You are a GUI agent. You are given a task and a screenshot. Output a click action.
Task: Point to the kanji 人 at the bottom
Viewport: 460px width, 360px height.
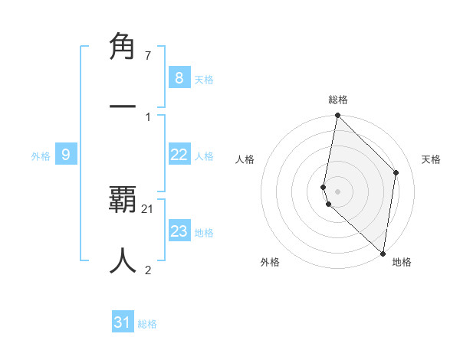pos(123,260)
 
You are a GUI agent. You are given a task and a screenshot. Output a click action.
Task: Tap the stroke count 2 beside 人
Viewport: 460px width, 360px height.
pos(147,270)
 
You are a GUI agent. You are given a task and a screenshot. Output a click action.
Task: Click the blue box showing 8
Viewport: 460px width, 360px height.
pos(179,77)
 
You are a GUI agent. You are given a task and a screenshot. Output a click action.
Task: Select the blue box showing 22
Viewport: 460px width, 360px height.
pos(179,155)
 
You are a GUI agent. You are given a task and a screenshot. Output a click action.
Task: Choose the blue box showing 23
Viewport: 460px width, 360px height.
pos(179,231)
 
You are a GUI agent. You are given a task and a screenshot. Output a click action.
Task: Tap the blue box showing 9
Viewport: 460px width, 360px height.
pos(66,155)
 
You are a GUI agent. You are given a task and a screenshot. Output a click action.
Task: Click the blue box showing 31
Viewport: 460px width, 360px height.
pos(123,322)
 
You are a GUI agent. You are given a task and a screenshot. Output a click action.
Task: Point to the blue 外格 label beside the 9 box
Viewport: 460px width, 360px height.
pos(41,156)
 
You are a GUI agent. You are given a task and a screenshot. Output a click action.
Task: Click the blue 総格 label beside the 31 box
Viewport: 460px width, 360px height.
pos(147,324)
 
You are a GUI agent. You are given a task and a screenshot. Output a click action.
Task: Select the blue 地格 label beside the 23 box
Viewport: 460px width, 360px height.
pos(204,233)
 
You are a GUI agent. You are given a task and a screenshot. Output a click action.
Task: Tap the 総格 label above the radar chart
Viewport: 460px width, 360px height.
pos(338,100)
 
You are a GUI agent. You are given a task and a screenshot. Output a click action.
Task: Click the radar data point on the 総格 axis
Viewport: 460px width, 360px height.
pos(337,115)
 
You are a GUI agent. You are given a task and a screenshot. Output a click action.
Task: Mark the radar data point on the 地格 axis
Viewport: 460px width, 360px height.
pos(383,254)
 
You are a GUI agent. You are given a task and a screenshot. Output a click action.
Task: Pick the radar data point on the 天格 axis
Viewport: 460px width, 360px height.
pos(396,172)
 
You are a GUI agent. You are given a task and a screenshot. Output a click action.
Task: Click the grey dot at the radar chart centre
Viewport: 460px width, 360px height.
pos(337,191)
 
